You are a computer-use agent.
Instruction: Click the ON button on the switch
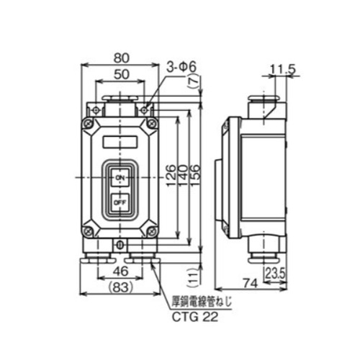[120, 176]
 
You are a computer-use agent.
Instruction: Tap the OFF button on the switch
[120, 202]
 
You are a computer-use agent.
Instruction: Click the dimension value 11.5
[279, 70]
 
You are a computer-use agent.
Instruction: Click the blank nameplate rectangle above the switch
[120, 141]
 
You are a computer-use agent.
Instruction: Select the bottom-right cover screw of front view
[151, 232]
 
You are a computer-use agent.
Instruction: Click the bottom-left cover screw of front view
[89, 232]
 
